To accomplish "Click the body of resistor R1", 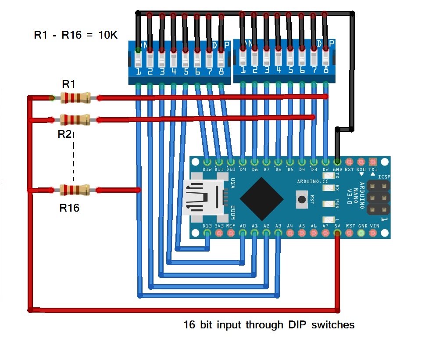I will pyautogui.click(x=75, y=97).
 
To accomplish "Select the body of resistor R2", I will pyautogui.click(x=75, y=119).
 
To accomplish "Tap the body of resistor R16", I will pyautogui.click(x=74, y=190).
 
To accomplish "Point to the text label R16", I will pyautogui.click(x=69, y=208).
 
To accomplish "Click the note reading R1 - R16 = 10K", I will pyautogui.click(x=76, y=35).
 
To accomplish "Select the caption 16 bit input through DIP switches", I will pyautogui.click(x=269, y=325).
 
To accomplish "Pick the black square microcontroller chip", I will pyautogui.click(x=261, y=199).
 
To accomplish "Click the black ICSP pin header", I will pyautogui.click(x=378, y=197).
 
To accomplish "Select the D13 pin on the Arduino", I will pyautogui.click(x=207, y=233).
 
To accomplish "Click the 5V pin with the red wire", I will pyautogui.click(x=337, y=233).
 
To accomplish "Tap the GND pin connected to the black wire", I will pyautogui.click(x=337, y=162).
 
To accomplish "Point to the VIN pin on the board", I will pyautogui.click(x=374, y=233).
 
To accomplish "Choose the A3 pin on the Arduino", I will pyautogui.click(x=278, y=233).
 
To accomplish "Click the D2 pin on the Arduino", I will pyautogui.click(x=325, y=162).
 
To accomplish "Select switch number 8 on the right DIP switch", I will pyautogui.click(x=325, y=58).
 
